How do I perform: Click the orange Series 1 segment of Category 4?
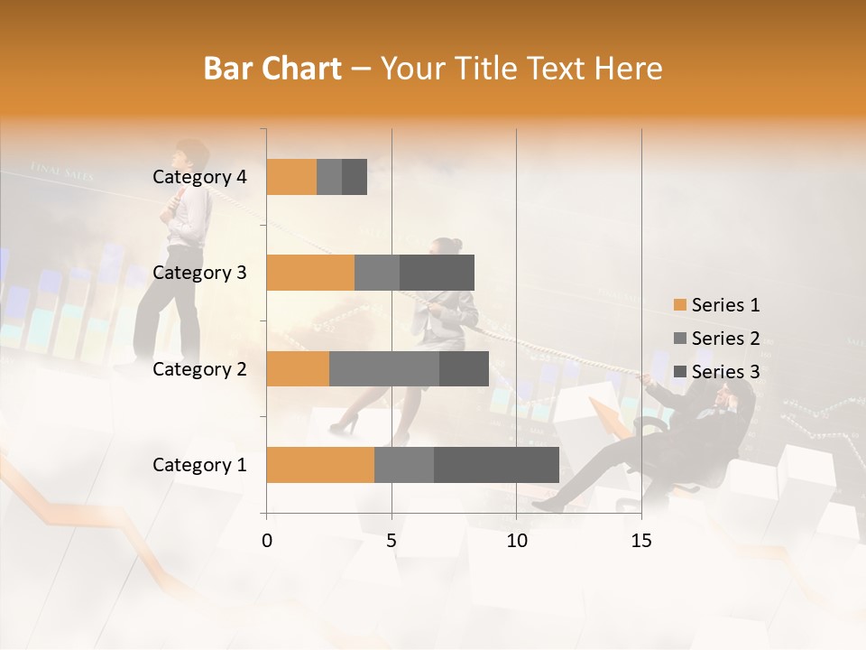[x=291, y=177]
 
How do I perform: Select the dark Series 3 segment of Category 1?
[x=496, y=465]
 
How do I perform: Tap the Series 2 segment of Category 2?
[x=384, y=368]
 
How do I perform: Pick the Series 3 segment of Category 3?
[x=437, y=273]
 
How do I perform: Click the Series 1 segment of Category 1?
[x=320, y=465]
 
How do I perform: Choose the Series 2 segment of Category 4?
[x=329, y=177]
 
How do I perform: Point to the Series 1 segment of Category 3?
[x=310, y=273]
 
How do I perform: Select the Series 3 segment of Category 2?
[x=464, y=368]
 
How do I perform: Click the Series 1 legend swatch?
[x=679, y=305]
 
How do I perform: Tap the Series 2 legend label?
[x=725, y=339]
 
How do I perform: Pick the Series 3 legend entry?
[x=717, y=372]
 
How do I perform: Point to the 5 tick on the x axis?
[x=392, y=541]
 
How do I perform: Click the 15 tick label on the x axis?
[x=640, y=541]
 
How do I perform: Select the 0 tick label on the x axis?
[x=267, y=541]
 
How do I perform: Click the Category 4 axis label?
[x=199, y=177]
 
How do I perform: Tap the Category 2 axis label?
[x=199, y=368]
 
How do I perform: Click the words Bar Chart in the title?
[x=272, y=69]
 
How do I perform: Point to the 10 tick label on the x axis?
[x=516, y=541]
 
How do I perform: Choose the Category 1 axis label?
[x=199, y=465]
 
